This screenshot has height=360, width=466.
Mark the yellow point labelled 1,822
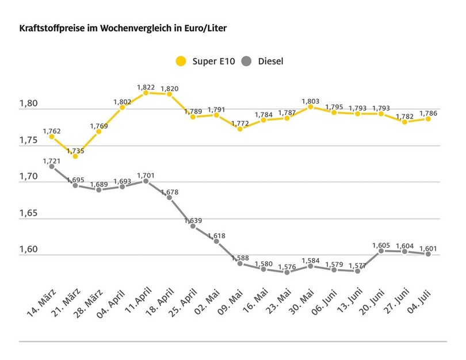[x=146, y=93]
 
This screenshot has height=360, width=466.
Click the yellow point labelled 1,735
[x=75, y=156]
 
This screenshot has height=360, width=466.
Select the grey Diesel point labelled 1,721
[x=52, y=166]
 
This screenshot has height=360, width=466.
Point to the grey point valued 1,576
[x=287, y=272]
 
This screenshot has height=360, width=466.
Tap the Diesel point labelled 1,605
[x=381, y=251]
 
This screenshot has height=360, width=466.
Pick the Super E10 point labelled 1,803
[x=311, y=106]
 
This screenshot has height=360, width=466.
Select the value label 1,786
[x=427, y=113]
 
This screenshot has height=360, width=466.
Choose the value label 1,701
[x=147, y=175]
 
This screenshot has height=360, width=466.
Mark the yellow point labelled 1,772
[x=240, y=129]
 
